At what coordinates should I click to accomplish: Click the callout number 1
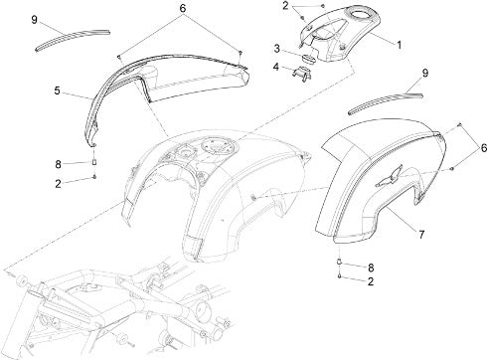pyautogui.click(x=400, y=45)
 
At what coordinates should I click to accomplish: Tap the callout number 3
pyautogui.click(x=277, y=49)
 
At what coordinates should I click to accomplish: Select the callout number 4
pyautogui.click(x=276, y=67)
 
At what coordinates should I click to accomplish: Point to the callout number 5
pyautogui.click(x=58, y=90)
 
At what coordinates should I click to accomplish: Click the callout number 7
pyautogui.click(x=421, y=235)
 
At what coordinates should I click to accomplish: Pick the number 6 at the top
pyautogui.click(x=183, y=8)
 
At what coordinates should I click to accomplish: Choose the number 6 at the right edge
pyautogui.click(x=484, y=147)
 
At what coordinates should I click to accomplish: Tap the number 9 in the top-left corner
pyautogui.click(x=34, y=20)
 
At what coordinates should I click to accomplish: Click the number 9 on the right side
pyautogui.click(x=425, y=73)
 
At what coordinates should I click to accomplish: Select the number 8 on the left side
pyautogui.click(x=58, y=164)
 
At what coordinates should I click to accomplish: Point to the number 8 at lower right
pyautogui.click(x=371, y=268)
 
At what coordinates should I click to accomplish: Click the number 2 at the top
pyautogui.click(x=285, y=6)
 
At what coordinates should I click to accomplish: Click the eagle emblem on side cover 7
pyautogui.click(x=389, y=176)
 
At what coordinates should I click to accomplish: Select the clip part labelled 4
pyautogui.click(x=301, y=73)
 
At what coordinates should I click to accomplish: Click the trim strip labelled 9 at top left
pyautogui.click(x=73, y=39)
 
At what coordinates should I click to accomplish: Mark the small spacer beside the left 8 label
pyautogui.click(x=94, y=162)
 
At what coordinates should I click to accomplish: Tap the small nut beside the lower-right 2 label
pyautogui.click(x=340, y=276)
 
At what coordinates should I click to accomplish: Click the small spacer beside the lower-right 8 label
pyautogui.click(x=339, y=262)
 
